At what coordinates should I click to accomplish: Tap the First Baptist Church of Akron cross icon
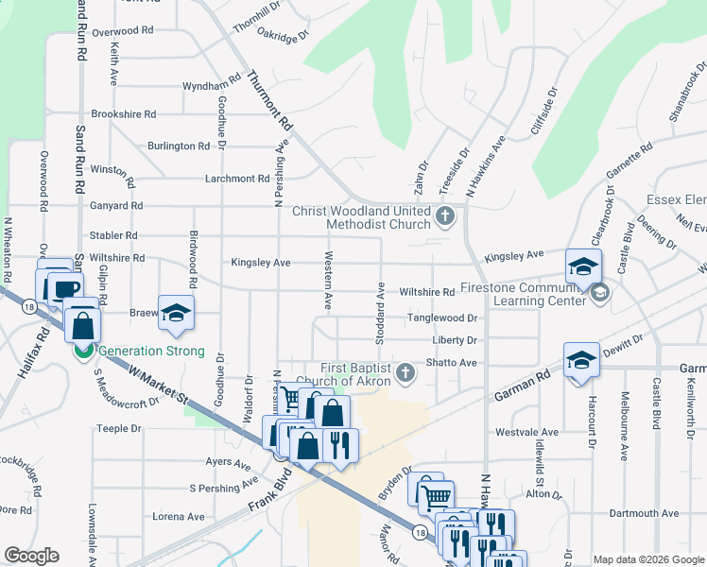coord(405,372)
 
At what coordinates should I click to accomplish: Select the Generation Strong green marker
coord(84,352)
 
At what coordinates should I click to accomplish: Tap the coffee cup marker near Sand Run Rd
coord(66,289)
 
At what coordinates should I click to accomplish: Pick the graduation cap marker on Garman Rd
coord(581,360)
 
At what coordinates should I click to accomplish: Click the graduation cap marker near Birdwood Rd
coord(176,312)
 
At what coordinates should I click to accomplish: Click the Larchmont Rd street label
coord(237,178)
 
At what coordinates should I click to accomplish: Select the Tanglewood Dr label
coord(441,318)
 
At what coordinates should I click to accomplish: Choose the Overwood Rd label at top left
coord(122,30)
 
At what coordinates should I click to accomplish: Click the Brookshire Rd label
coord(123,113)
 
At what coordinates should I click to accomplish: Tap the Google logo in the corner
coord(32,556)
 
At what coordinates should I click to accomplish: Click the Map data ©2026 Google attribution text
coord(647,558)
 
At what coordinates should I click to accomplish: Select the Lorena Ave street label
coord(179,517)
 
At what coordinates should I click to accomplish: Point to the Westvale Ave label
coord(524,432)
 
